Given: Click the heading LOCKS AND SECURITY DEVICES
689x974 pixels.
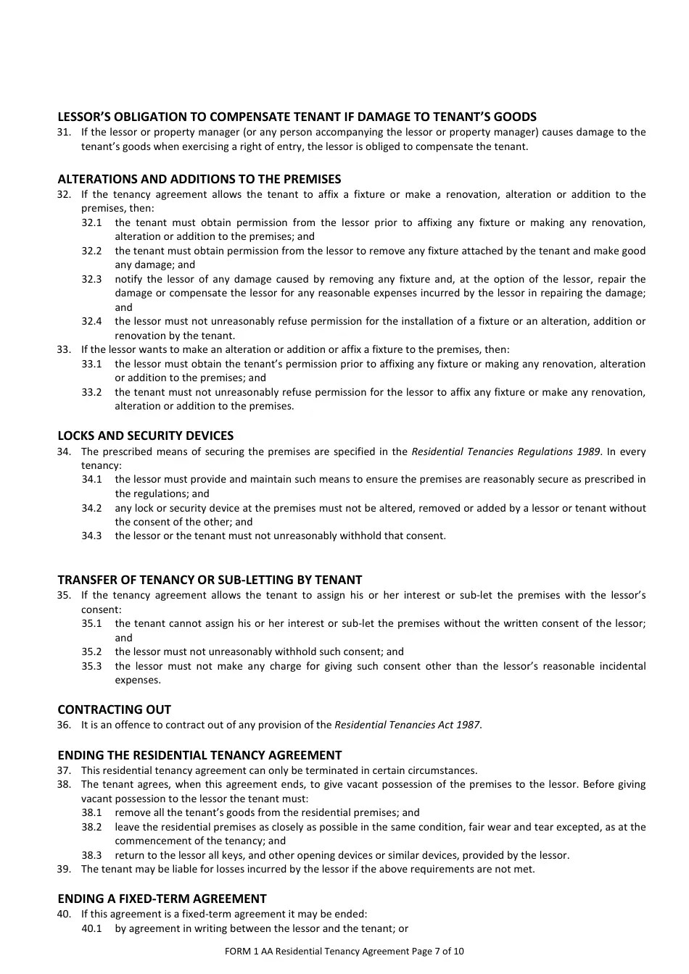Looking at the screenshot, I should point(145,436).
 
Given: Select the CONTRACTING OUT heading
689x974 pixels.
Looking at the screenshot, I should point(114,709).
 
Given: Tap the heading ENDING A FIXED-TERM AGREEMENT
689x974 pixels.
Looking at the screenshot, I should point(162,899).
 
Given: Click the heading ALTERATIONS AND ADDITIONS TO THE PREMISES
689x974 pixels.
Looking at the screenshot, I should point(199,179).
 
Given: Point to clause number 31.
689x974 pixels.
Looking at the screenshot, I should point(64,132).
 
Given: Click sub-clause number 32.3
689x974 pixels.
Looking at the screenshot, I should point(91,279).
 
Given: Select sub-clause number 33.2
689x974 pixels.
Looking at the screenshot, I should point(91,392).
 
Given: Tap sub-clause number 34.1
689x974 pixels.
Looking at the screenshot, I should point(91,479).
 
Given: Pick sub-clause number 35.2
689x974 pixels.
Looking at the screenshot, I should point(91,652).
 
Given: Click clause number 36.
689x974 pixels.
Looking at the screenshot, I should point(64,725).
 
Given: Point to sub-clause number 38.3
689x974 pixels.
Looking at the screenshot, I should point(91,855).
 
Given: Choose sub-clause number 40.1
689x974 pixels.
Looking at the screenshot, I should point(91,928).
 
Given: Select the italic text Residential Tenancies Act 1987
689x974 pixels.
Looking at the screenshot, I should point(407,725).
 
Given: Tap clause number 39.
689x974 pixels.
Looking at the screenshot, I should point(64,869).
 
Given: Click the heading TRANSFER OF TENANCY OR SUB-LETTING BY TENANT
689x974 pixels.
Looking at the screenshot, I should point(210,580).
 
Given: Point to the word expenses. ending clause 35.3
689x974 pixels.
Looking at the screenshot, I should point(138,680).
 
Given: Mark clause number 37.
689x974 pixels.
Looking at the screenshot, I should point(64,770).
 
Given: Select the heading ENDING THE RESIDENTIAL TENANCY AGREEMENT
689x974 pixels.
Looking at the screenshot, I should point(199,755).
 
